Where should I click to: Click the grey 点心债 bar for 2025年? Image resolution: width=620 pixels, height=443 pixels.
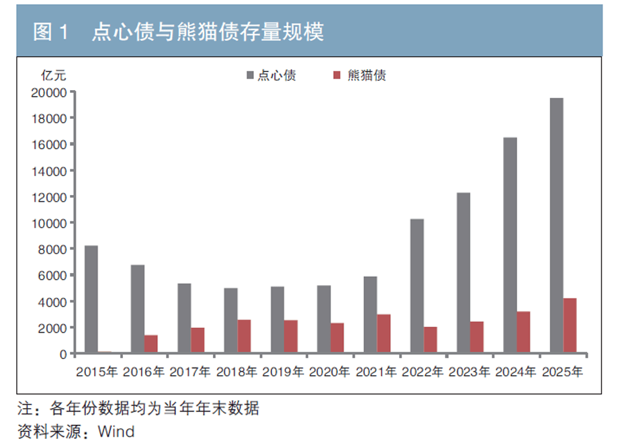pos(556,225)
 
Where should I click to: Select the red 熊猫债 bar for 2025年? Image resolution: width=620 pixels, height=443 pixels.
pos(570,325)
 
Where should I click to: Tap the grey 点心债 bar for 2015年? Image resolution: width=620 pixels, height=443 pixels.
pos(91,299)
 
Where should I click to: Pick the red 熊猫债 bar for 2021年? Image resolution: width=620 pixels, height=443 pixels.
pos(384,333)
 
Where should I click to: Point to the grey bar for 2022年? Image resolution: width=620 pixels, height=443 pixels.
pos(417,286)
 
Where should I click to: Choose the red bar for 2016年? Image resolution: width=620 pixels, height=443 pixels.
pos(151,344)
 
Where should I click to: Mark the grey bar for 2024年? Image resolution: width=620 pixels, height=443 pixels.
pos(510,245)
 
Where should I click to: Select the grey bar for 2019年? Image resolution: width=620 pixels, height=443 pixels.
pos(277,320)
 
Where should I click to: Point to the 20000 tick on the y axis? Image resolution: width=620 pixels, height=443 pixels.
pos(48,93)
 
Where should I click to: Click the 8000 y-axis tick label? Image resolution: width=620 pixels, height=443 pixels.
pos(52,249)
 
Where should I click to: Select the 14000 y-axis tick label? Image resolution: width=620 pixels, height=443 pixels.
pos(48,171)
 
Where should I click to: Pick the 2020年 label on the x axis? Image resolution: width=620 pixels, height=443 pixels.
pos(330,371)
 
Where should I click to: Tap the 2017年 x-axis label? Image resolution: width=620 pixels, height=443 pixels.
pos(190,371)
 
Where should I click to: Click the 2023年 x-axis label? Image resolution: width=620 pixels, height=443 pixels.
pos(470,371)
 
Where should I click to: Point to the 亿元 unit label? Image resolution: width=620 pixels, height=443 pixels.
pos(54,75)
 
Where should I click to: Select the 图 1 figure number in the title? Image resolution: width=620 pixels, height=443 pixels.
pos(52,32)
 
